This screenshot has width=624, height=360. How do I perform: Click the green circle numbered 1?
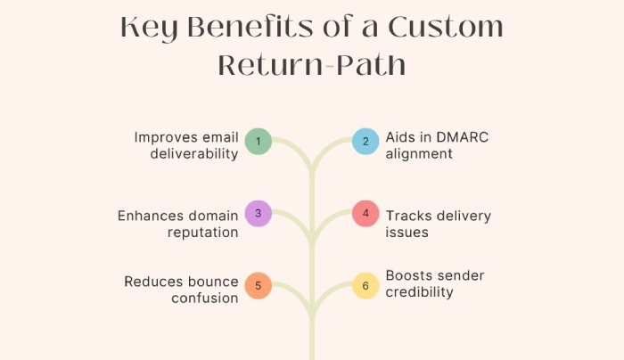(x=259, y=141)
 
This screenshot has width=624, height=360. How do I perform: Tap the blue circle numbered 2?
(x=365, y=141)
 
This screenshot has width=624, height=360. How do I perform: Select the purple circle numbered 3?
(x=259, y=214)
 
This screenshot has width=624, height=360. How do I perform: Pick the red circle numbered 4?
(x=365, y=214)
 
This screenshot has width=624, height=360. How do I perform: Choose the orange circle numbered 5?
(x=259, y=286)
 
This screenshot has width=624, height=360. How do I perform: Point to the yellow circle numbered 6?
(x=365, y=286)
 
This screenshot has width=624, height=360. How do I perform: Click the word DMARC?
(x=463, y=137)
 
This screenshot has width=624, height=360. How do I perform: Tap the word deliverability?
(x=194, y=154)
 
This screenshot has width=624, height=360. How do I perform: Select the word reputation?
(x=203, y=233)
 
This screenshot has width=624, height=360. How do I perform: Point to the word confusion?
(x=205, y=299)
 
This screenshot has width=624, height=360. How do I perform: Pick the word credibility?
(x=420, y=292)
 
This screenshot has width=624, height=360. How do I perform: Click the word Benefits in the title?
(x=250, y=27)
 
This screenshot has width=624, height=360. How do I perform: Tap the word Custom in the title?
(x=446, y=27)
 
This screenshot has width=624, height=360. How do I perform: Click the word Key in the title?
(x=149, y=29)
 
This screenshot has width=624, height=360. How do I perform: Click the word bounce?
(x=213, y=282)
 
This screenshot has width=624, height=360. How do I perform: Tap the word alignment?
(x=419, y=154)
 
